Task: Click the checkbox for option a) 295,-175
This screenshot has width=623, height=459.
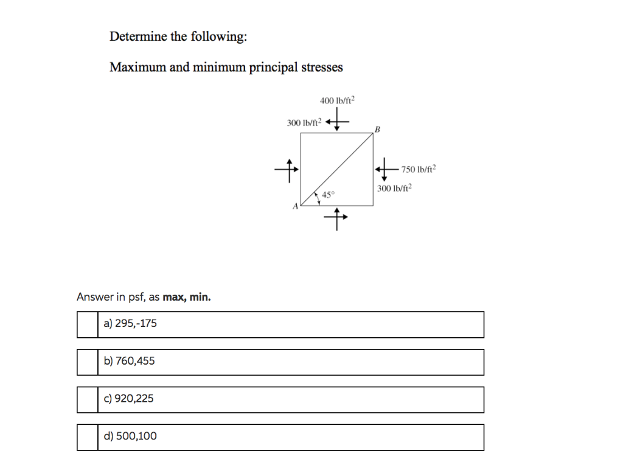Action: click(88, 324)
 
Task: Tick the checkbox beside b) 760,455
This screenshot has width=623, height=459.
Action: click(88, 362)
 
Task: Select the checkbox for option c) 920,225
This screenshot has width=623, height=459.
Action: click(88, 400)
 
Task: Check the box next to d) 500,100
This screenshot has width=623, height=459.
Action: click(88, 437)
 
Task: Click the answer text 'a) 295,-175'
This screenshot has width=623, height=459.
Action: click(130, 324)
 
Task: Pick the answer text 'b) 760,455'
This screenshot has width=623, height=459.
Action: click(129, 361)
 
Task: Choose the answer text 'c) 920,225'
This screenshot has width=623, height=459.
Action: click(128, 399)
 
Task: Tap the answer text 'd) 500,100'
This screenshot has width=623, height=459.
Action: click(130, 436)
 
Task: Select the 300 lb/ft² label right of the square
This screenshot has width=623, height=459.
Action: click(394, 188)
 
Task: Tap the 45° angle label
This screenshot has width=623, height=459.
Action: click(328, 195)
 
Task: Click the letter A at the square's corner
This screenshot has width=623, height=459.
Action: click(296, 207)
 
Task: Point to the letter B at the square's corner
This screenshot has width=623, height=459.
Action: click(377, 129)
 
